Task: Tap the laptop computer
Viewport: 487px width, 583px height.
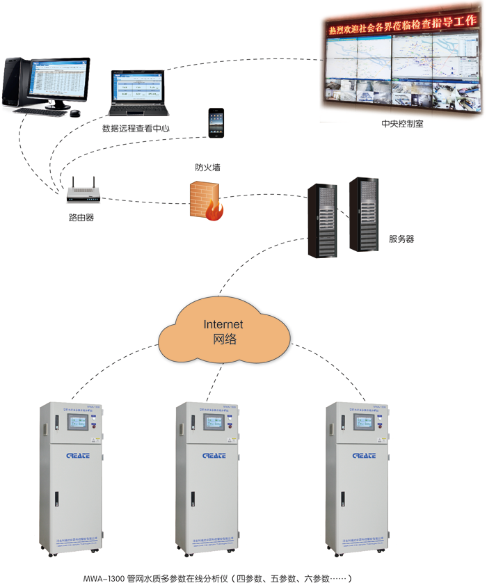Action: tap(139, 93)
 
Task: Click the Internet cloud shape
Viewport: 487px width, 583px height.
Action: tap(223, 332)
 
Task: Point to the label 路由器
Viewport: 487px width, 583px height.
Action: tap(81, 218)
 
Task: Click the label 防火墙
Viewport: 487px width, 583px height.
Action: tap(209, 168)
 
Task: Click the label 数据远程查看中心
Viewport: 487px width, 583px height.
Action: tap(136, 129)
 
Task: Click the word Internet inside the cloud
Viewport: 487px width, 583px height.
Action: tap(223, 324)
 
